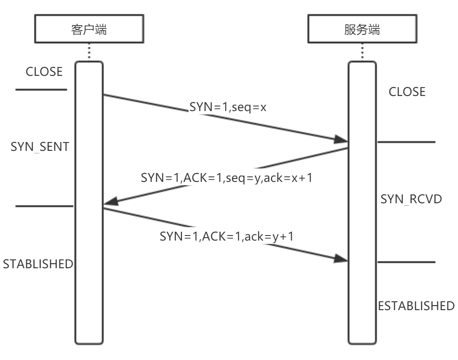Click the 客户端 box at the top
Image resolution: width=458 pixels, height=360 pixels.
tap(89, 31)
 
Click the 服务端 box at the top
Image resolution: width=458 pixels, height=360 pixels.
tap(362, 31)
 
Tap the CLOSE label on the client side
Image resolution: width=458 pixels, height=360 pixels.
tap(44, 72)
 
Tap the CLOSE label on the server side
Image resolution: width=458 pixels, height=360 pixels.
tap(407, 92)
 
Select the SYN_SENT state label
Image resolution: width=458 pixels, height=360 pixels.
tap(39, 147)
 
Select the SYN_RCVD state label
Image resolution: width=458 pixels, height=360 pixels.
tap(411, 200)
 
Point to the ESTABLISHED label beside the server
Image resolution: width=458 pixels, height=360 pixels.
tap(416, 306)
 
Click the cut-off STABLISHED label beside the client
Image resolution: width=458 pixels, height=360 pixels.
tap(38, 264)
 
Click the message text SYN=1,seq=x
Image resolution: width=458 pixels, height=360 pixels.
tap(228, 108)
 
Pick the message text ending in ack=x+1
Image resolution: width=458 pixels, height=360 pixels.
tap(227, 178)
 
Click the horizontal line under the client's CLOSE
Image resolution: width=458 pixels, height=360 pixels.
tap(41, 90)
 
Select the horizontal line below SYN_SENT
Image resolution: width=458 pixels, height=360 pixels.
tap(44, 206)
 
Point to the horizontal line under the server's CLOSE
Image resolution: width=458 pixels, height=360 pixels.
tap(406, 142)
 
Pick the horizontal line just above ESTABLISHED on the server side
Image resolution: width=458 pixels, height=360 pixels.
tap(406, 262)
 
